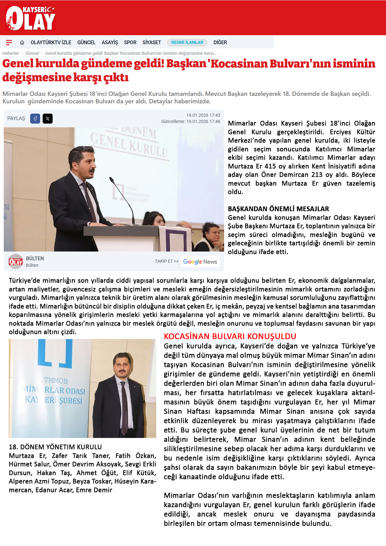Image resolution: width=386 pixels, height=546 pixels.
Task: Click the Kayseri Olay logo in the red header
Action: pyautogui.click(x=31, y=18)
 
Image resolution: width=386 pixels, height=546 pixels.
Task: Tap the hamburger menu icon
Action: pyautogui.click(x=9, y=43)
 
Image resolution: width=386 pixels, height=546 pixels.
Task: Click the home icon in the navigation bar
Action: pyautogui.click(x=22, y=43)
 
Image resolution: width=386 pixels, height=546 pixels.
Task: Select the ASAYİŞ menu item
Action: pyautogui.click(x=110, y=43)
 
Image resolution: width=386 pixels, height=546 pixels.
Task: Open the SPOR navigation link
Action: pyautogui.click(x=130, y=43)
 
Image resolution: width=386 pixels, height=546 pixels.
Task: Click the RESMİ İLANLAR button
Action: pyautogui.click(x=187, y=43)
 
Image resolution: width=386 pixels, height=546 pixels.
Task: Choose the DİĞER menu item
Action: pyautogui.click(x=220, y=43)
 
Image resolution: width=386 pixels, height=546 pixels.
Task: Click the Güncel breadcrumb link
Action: pyautogui.click(x=32, y=53)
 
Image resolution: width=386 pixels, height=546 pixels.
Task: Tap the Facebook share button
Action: pyautogui.click(x=35, y=119)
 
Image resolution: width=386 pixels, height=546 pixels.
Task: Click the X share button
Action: pyautogui.click(x=48, y=119)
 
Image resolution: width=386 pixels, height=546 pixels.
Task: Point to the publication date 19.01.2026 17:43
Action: pyautogui.click(x=203, y=115)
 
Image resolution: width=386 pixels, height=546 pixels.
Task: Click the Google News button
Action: pyautogui.click(x=200, y=261)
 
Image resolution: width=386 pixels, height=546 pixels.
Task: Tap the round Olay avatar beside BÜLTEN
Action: pyautogui.click(x=16, y=261)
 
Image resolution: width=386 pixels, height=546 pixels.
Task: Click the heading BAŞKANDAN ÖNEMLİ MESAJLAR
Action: pyautogui.click(x=278, y=209)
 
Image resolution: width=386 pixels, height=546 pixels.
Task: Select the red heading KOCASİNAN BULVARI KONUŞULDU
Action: pyautogui.click(x=230, y=337)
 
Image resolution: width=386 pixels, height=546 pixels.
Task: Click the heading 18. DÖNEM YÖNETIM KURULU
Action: pyautogui.click(x=55, y=447)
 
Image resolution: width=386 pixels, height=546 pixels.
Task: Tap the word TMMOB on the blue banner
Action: pyautogui.click(x=56, y=381)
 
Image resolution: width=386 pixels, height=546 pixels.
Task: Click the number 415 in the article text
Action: pyautogui.click(x=270, y=166)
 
